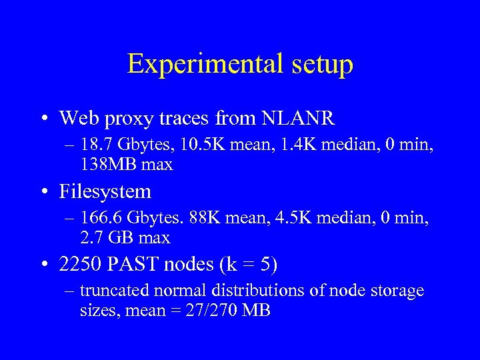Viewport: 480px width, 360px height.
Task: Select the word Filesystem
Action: (x=105, y=192)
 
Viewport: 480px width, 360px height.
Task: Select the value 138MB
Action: (x=107, y=165)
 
